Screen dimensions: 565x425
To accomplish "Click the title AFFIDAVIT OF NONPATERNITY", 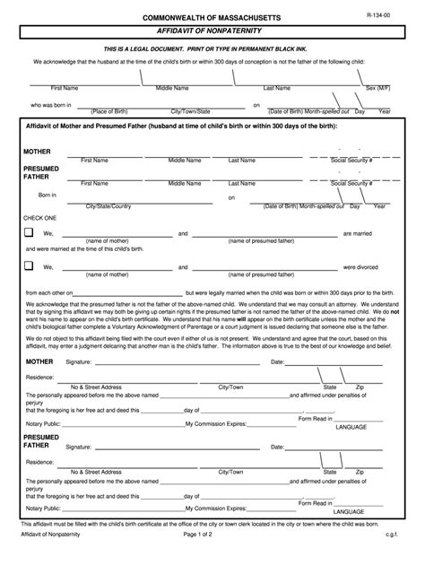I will coord(212,30).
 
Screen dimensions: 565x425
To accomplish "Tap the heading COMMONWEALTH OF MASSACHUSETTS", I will coord(212,18).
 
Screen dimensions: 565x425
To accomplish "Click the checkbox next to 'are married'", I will coord(29,233).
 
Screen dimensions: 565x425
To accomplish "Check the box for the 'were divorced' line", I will coord(29,265).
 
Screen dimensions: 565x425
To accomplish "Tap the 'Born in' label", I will coord(47,194).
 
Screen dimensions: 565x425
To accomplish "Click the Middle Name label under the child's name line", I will coord(172,89).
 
